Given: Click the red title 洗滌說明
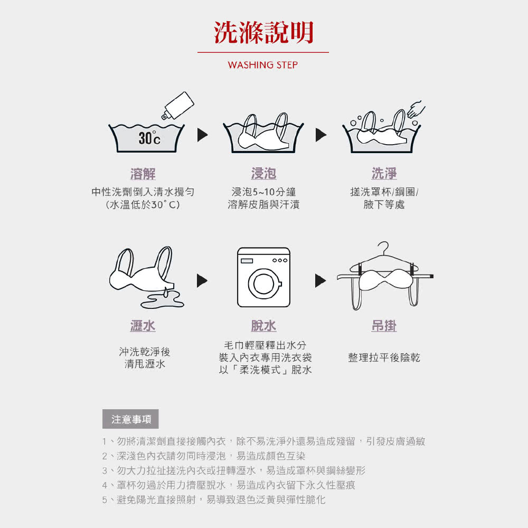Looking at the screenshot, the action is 263,32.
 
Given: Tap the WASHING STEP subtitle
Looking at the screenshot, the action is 263,65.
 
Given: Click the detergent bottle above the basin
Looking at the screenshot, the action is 178,106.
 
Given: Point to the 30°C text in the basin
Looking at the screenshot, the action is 149,138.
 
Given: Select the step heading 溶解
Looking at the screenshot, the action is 143,174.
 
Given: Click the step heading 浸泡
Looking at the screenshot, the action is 263,173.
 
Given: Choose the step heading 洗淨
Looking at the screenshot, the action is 384,173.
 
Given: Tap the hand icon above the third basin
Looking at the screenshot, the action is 416,109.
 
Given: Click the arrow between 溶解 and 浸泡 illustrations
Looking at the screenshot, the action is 202,135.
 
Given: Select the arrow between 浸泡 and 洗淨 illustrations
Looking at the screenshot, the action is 321,135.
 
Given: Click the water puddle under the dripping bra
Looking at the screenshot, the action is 162,301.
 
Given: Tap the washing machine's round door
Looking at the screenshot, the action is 265,284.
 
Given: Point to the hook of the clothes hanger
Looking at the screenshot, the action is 383,247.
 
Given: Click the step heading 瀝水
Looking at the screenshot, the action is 143,326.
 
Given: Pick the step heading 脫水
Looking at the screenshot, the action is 263,326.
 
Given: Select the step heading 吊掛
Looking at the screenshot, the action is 384,326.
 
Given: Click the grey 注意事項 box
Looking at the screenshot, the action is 130,419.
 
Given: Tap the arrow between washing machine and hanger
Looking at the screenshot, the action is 320,280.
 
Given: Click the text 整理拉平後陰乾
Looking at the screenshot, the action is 384,357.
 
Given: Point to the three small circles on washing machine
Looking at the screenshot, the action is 280,260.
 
